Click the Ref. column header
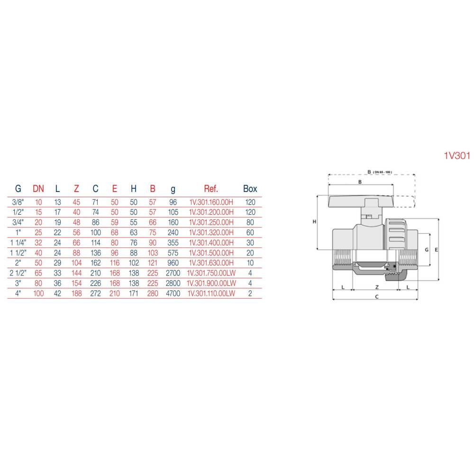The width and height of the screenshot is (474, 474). point(211,189)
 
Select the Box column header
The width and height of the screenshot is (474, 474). point(250,189)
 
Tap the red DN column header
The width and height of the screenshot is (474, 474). point(38,189)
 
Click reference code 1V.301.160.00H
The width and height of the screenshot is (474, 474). point(211,202)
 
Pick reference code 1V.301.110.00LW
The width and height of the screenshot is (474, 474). point(211,293)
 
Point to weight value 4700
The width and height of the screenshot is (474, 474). point(173,293)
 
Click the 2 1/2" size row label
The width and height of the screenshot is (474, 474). point(18,273)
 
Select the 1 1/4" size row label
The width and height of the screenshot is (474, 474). point(18,243)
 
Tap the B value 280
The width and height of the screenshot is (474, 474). point(153,293)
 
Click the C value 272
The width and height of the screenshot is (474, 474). point(96,293)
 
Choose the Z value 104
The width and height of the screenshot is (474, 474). point(76,263)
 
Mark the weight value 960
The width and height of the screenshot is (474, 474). point(173,263)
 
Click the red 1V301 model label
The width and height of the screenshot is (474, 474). point(457,155)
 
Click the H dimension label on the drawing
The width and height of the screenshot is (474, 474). point(314,221)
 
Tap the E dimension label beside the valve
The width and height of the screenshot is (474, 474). point(436,250)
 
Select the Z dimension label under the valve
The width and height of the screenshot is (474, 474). point(377,287)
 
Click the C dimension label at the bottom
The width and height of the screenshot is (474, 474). point(377,297)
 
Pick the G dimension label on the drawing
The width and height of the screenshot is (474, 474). point(427,250)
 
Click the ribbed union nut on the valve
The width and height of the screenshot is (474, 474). point(396,234)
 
